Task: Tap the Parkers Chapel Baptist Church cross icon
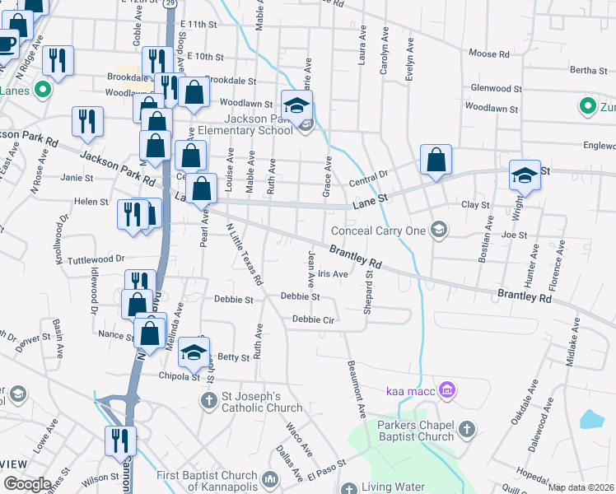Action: tap(466, 429)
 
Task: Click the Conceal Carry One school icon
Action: tap(439, 230)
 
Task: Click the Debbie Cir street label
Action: tap(311, 319)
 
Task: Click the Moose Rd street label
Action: tap(488, 54)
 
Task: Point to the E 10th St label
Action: tap(206, 56)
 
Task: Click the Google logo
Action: tap(27, 484)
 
